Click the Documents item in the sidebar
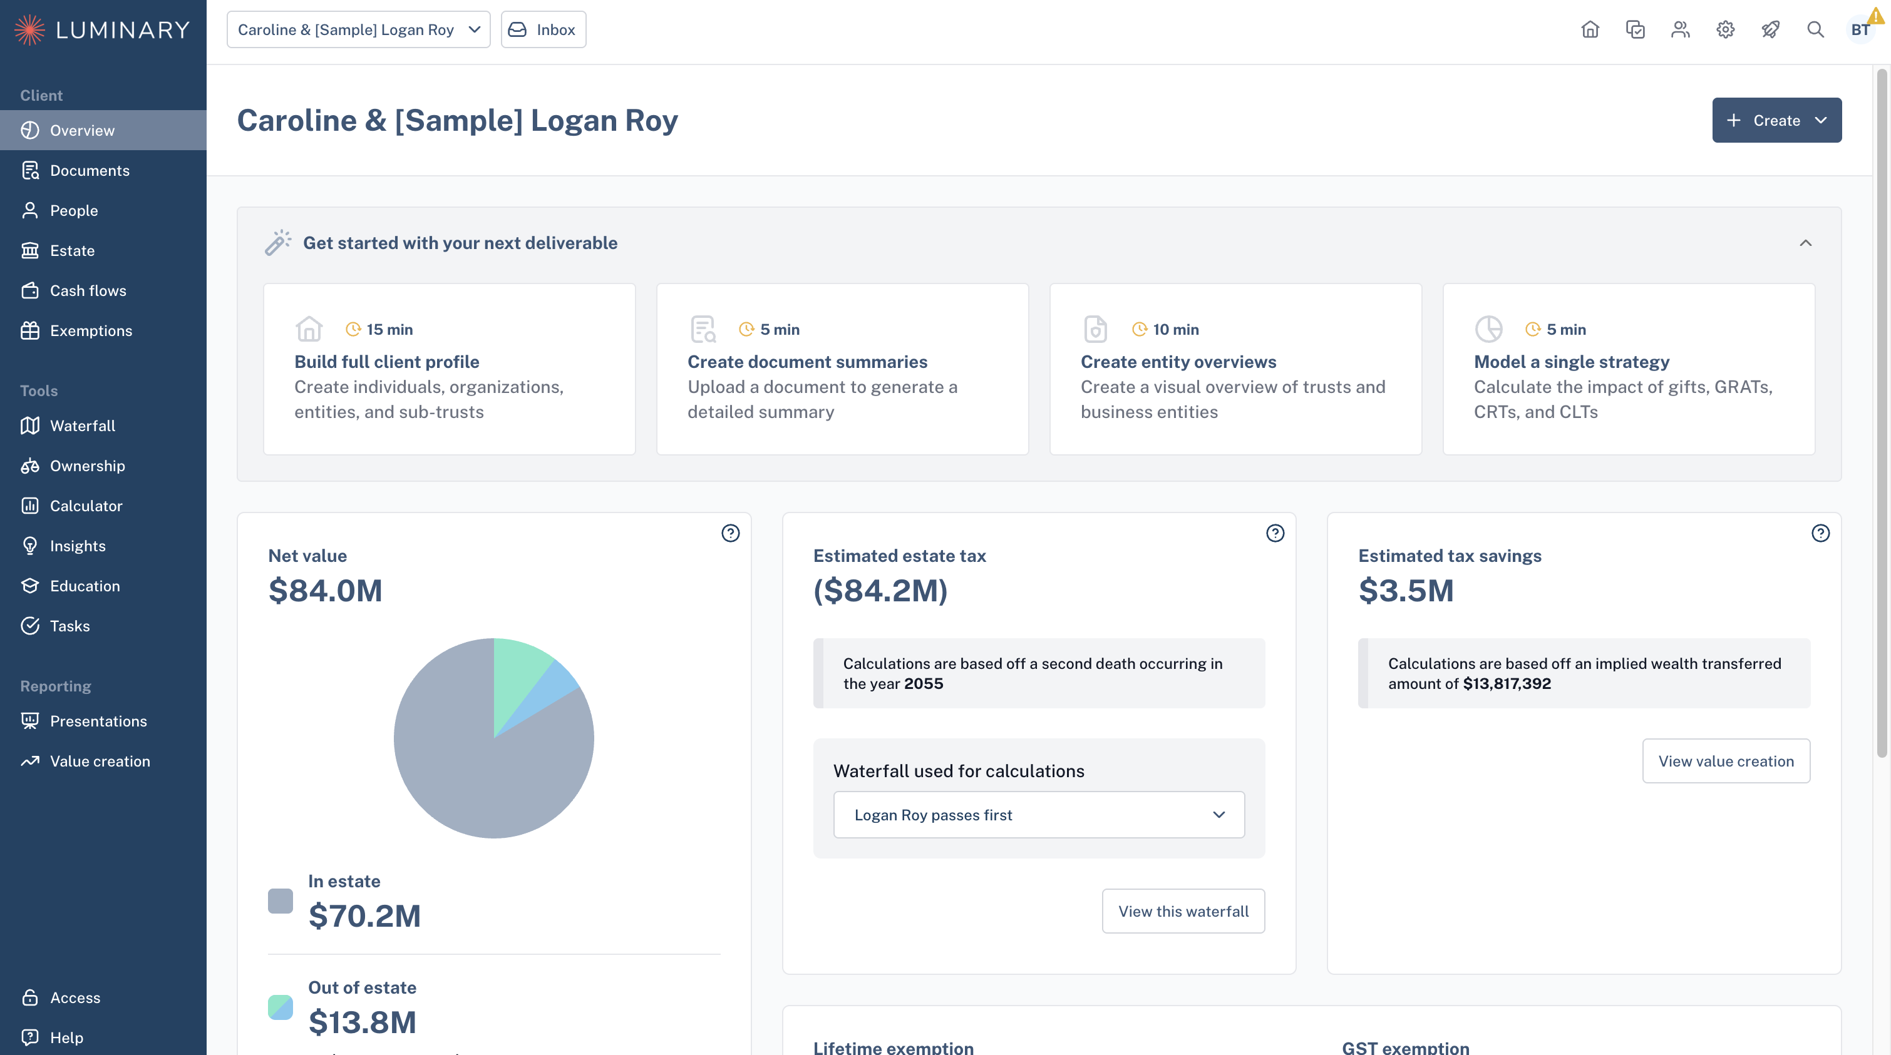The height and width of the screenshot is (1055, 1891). click(x=90, y=170)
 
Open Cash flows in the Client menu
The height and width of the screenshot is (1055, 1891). click(x=88, y=290)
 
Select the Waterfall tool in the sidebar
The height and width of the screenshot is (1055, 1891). click(x=82, y=426)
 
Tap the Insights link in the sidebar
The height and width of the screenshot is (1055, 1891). click(x=78, y=546)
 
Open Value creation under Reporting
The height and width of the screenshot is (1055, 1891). click(x=100, y=762)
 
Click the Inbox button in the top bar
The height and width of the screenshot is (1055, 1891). click(x=544, y=29)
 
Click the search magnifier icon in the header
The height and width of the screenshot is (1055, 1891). click(x=1815, y=29)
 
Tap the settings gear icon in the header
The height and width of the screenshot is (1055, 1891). click(x=1725, y=29)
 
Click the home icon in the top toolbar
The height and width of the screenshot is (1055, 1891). click(x=1590, y=29)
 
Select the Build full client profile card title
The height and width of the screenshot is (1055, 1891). click(x=387, y=362)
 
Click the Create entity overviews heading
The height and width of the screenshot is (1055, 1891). click(x=1178, y=362)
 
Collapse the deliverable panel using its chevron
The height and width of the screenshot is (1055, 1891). click(x=1806, y=243)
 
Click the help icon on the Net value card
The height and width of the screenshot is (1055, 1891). click(x=730, y=533)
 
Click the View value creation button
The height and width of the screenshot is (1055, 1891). click(x=1726, y=762)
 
